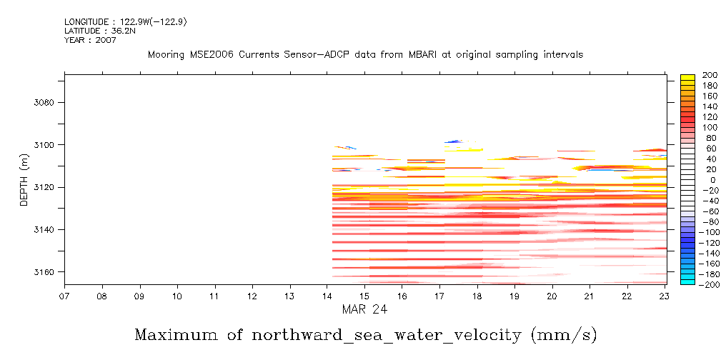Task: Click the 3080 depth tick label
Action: (x=44, y=102)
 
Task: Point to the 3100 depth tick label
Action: (x=44, y=145)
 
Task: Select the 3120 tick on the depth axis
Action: (x=44, y=187)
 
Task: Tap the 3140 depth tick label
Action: (x=44, y=230)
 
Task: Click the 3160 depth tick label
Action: (x=44, y=272)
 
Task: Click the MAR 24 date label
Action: (x=365, y=311)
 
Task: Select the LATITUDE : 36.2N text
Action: (x=95, y=31)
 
